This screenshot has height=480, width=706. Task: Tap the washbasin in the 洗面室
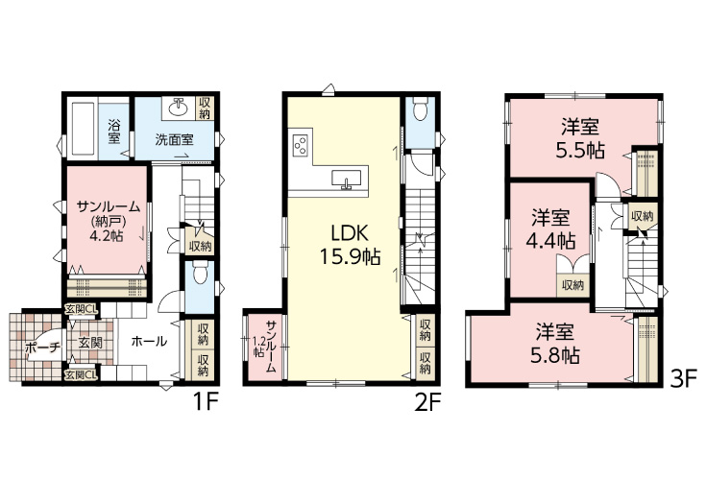[179, 108]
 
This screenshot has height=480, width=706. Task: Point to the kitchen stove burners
[301, 145]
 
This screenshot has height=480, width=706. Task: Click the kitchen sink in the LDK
[346, 180]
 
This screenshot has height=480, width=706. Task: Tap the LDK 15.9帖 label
[351, 245]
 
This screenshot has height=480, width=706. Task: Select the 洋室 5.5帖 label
[580, 138]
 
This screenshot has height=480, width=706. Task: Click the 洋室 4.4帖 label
[550, 229]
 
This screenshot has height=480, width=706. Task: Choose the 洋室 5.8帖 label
[555, 344]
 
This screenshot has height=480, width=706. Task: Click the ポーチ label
[43, 348]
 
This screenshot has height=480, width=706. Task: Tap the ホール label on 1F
[149, 342]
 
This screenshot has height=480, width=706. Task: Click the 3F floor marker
[684, 378]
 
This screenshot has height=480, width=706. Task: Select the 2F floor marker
[426, 403]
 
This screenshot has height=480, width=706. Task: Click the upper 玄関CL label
[81, 309]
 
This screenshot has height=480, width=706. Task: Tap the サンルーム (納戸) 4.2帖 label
[108, 221]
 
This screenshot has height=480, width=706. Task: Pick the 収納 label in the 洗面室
[205, 107]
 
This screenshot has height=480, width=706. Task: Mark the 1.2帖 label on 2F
[258, 347]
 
